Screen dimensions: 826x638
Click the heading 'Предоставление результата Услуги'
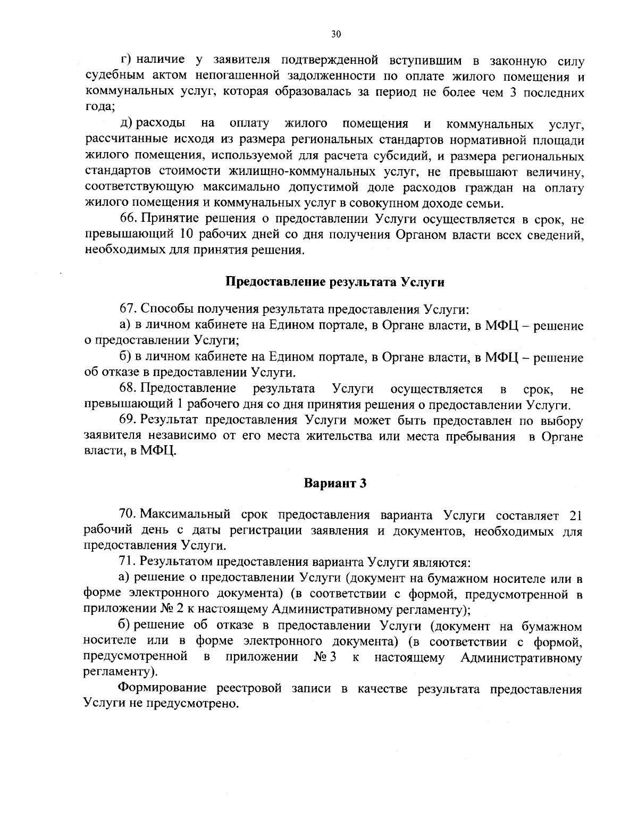pyautogui.click(x=335, y=282)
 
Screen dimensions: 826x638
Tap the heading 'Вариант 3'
pyautogui.click(x=335, y=483)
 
